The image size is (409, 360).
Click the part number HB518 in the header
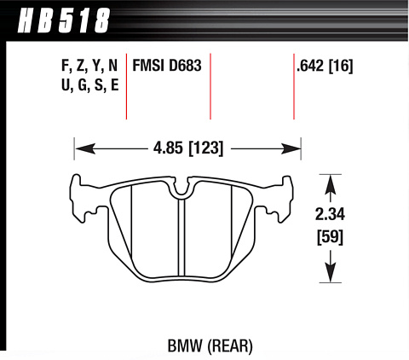(64, 20)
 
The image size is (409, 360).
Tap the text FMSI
(148, 66)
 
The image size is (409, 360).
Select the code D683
(185, 66)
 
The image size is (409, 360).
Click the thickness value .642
(310, 66)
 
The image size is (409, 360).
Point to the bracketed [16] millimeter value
(341, 66)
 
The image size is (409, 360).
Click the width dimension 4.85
(168, 148)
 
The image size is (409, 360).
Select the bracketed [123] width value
(206, 148)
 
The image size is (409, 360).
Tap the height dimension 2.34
(330, 214)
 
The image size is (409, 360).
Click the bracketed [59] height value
(330, 237)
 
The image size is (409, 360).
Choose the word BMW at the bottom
(185, 346)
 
